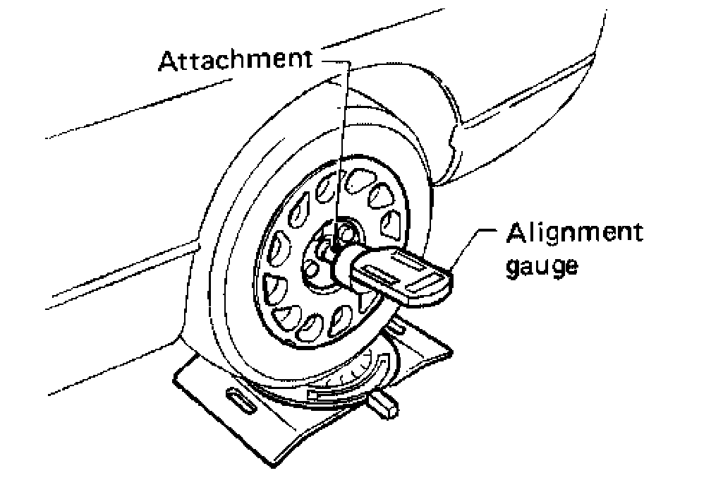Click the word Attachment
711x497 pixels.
point(236,61)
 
